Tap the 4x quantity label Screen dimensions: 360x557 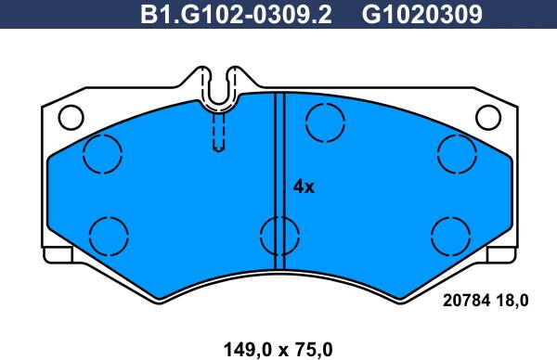(x=304, y=186)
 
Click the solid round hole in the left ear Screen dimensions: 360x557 (x=69, y=118)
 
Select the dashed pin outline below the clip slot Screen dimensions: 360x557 (x=219, y=130)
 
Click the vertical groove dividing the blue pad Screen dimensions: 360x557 (x=278, y=167)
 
